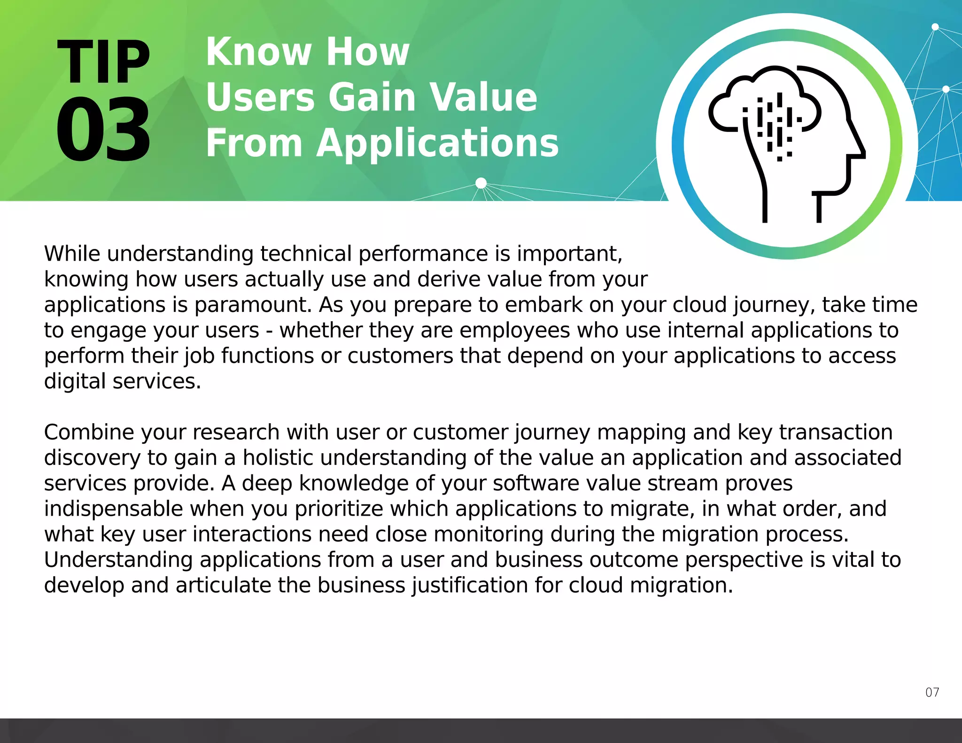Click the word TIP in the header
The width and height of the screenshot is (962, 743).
103,62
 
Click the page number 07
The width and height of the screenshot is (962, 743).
932,692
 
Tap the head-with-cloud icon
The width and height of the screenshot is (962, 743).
787,141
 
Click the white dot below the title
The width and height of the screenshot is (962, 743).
481,183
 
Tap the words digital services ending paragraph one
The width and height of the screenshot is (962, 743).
122,381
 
